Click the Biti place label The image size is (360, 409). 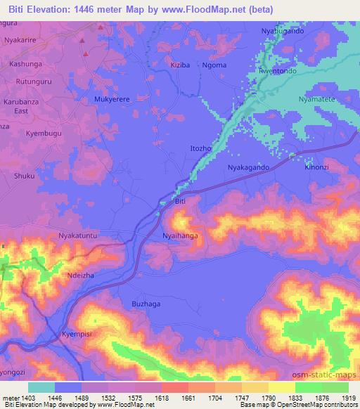(180, 202)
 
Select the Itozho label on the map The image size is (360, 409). (202, 149)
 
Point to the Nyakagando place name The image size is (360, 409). (248, 168)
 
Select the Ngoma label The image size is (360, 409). (217, 65)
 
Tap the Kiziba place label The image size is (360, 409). (181, 65)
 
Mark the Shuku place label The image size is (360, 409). (24, 176)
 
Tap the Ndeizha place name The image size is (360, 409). (79, 276)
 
